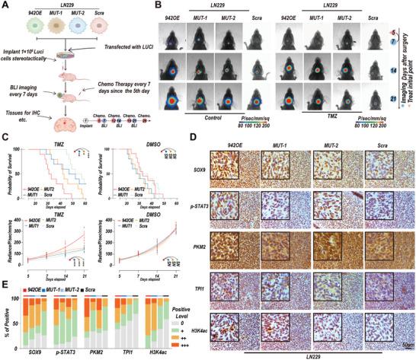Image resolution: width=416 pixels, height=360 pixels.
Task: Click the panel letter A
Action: click(x=6, y=6)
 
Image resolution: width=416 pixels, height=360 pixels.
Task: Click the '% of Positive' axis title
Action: click(x=8, y=320)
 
